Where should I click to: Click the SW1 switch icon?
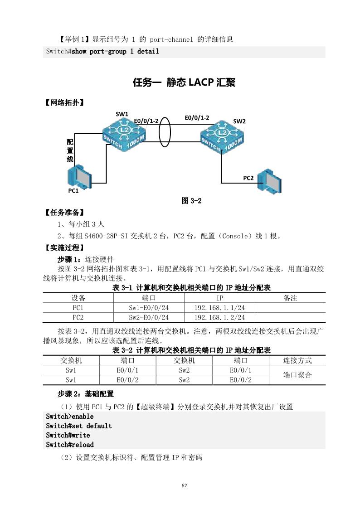(x=124, y=135)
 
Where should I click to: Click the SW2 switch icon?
(x=223, y=136)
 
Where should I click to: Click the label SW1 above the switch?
(x=122, y=113)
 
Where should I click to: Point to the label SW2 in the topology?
(x=239, y=121)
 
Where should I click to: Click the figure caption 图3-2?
(x=191, y=201)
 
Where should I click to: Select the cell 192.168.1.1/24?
(x=219, y=307)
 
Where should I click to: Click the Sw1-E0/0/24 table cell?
(x=149, y=307)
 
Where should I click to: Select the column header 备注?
(x=290, y=298)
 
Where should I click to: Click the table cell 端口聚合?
(x=297, y=375)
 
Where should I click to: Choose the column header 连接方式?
(x=297, y=361)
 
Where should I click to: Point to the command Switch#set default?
(x=78, y=426)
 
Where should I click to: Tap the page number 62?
(x=184, y=485)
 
